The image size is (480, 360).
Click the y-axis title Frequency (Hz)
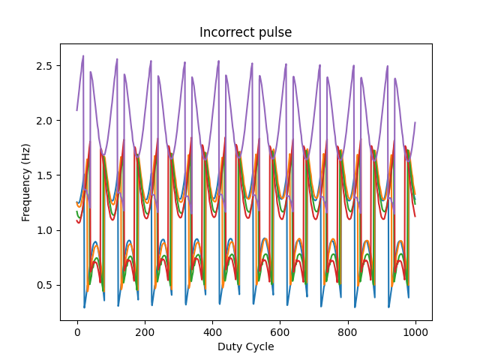point(26,182)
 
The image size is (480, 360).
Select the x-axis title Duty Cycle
point(245,346)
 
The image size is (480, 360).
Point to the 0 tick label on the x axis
point(77,331)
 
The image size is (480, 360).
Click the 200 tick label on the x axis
point(145,331)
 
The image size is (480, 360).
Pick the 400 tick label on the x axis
point(212,331)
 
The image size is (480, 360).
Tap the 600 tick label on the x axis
point(280,331)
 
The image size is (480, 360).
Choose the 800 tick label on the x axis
point(347,331)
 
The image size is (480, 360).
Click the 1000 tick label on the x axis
point(415,331)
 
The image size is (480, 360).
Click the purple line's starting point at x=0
point(77,111)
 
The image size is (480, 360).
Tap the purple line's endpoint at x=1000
point(415,123)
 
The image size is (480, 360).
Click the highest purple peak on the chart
point(83,55)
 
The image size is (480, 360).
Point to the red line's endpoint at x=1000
point(415,216)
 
